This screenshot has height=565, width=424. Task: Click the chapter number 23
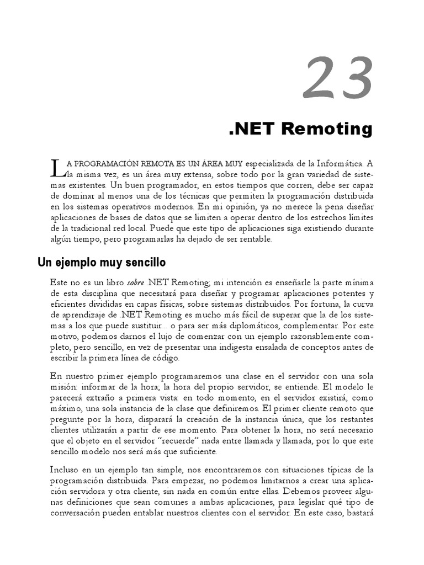[x=337, y=79]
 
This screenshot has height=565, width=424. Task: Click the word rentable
[x=253, y=239]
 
